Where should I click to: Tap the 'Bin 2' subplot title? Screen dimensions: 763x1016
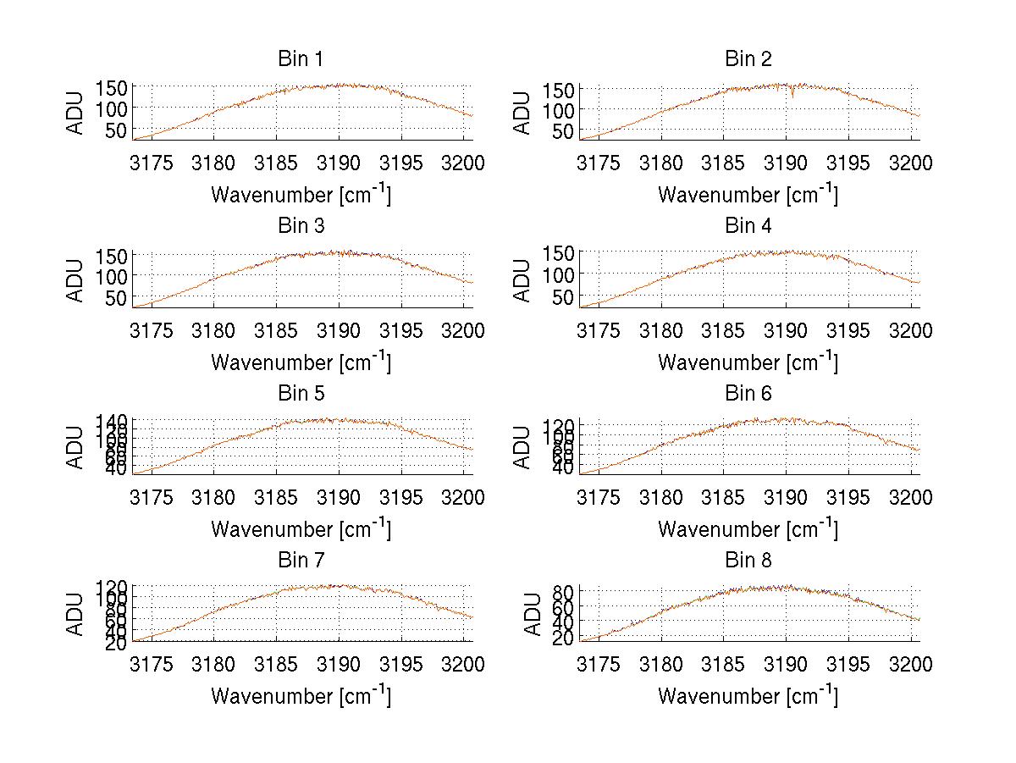pos(748,59)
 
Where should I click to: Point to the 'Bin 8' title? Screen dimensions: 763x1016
pos(748,561)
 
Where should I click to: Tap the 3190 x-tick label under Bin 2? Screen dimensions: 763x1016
pos(787,163)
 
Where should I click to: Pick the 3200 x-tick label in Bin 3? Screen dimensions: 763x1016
pos(463,329)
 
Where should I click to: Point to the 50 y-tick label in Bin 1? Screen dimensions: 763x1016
pos(117,130)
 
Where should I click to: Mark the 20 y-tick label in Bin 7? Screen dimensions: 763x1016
pos(117,644)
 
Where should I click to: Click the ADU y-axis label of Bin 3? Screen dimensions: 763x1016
pos(77,279)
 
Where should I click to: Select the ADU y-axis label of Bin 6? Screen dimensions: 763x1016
pos(524,446)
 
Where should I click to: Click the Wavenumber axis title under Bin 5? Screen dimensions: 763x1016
pos(300,529)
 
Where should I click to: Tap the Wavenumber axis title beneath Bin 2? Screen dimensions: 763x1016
pos(748,195)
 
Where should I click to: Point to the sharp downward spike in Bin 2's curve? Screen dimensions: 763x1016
pos(792,96)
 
